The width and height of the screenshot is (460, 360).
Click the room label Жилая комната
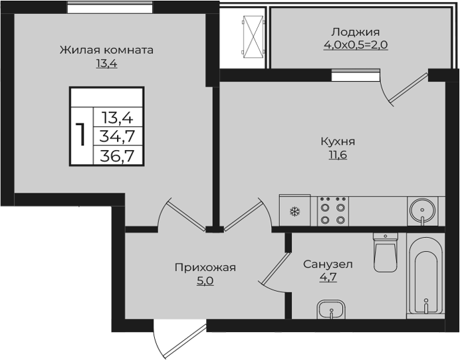(x=106, y=50)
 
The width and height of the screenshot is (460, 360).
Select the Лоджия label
(x=355, y=32)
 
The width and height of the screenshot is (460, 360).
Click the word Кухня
(x=338, y=141)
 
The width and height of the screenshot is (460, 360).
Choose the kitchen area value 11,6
(x=338, y=155)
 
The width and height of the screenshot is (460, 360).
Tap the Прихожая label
(x=205, y=268)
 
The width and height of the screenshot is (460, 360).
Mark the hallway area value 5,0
(x=205, y=281)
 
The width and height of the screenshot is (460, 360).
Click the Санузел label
(x=328, y=264)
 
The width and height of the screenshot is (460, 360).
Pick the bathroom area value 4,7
(x=328, y=278)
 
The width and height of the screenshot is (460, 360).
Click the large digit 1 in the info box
(x=81, y=135)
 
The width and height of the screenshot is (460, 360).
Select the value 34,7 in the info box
(x=116, y=137)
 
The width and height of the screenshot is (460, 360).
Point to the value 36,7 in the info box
(x=116, y=156)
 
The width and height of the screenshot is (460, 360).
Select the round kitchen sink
(x=421, y=211)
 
